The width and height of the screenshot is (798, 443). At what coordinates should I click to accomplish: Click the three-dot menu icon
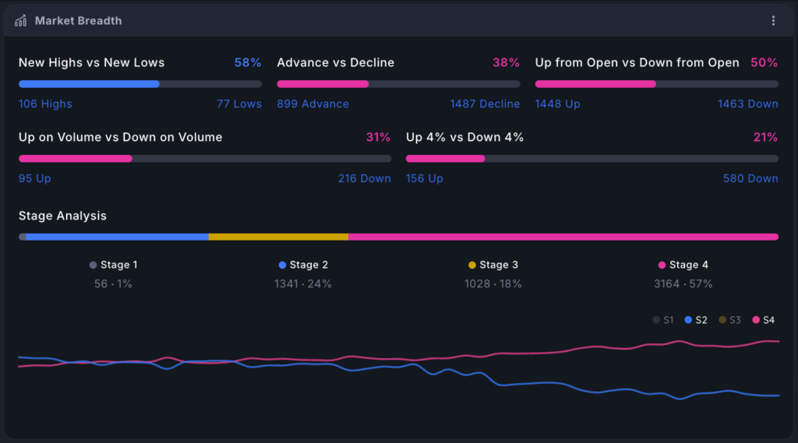coord(773,20)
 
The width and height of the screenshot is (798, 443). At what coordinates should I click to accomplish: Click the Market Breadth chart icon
coord(20,20)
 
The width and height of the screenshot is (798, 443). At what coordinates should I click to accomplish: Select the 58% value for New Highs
coord(248,62)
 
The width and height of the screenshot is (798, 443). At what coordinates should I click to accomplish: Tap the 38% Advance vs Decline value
coord(506,62)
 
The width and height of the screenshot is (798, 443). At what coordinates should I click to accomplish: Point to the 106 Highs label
coord(45,104)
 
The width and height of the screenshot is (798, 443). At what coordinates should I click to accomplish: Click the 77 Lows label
coord(239,104)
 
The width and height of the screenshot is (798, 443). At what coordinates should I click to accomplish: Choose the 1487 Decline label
coord(485,104)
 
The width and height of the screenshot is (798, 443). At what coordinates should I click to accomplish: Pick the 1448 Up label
coord(557,104)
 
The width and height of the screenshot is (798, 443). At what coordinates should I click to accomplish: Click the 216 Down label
coord(365,178)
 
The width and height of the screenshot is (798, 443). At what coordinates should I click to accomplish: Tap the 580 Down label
coord(750,178)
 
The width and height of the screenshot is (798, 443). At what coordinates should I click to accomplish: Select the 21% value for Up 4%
coord(765,137)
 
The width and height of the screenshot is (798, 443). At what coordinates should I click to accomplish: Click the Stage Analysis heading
coord(62,216)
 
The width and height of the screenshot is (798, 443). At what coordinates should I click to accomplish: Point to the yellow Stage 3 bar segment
coord(278,237)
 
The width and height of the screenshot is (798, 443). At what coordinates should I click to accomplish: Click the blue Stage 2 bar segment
coord(117,237)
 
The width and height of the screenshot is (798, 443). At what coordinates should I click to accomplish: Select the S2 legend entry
coord(696,320)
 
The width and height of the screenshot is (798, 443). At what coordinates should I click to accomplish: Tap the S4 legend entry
coord(764,320)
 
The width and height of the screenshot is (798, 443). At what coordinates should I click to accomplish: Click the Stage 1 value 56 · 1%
coord(113,284)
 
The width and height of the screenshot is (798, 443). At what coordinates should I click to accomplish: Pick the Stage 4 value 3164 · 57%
coord(683,284)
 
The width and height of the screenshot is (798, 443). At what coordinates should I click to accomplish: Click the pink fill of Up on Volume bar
coord(76,159)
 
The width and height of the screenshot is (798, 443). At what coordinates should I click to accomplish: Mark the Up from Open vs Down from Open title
coord(637,62)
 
